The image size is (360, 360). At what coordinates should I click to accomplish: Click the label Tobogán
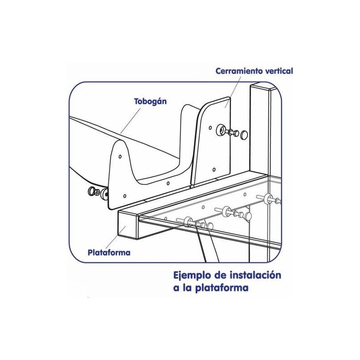coord(150,102)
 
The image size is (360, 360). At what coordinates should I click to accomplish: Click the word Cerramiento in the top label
coord(239,71)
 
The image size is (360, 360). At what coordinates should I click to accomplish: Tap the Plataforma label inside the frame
coord(109,252)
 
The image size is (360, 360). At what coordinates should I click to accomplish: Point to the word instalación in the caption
coord(255,275)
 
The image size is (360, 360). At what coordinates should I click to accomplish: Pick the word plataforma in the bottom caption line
coord(222,288)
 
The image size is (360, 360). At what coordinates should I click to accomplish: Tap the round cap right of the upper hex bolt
coord(244,135)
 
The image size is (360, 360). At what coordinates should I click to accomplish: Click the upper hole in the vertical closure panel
coord(210,127)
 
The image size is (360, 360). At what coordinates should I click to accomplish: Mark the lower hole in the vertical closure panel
coord(214,170)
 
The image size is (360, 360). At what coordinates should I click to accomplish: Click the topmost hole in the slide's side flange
coord(120,157)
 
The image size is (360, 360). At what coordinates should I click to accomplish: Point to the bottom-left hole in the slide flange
coord(125,196)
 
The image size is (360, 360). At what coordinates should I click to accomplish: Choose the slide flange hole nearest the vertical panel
coord(168,183)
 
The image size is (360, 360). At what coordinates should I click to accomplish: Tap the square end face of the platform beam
coord(128,225)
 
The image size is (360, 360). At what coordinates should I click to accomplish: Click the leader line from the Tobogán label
coord(130,121)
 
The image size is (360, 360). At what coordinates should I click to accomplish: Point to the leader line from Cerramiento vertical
coord(233,92)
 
